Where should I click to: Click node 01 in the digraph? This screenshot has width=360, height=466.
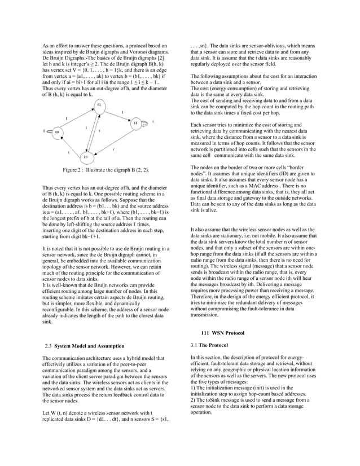pyautogui.click(x=99, y=105)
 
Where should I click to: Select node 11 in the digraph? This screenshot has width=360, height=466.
pyautogui.click(x=135, y=122)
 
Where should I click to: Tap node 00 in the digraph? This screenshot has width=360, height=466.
pyautogui.click(x=58, y=132)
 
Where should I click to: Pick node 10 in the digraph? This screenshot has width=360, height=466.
pyautogui.click(x=85, y=156)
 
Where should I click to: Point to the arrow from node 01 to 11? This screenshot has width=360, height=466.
pyautogui.click(x=118, y=114)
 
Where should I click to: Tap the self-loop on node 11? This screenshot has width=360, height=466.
pyautogui.click(x=146, y=122)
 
